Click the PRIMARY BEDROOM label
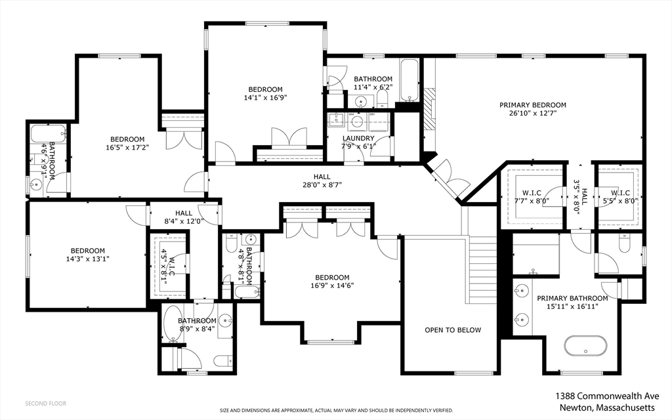point(533,105)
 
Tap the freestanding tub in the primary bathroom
point(585,345)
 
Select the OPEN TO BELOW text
point(453,330)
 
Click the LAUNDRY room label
point(358,138)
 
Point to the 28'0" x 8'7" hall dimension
point(322,185)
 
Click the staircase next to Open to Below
point(480,269)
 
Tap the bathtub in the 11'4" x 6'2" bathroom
point(409,81)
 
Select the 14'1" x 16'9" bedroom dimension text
point(265,97)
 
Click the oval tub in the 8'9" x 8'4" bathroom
point(173,323)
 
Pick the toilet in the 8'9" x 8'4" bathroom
point(222,362)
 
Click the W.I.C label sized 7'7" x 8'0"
point(532,193)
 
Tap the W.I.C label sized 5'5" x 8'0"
point(620,193)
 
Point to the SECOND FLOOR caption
point(45,404)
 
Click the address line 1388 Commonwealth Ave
point(607,396)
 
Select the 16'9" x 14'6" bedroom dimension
point(332,285)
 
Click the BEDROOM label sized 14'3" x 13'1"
point(88,251)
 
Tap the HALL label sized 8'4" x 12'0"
point(184,213)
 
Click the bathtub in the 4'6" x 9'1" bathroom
point(49,133)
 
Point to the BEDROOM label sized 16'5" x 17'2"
point(127,139)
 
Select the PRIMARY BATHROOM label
point(572,299)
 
